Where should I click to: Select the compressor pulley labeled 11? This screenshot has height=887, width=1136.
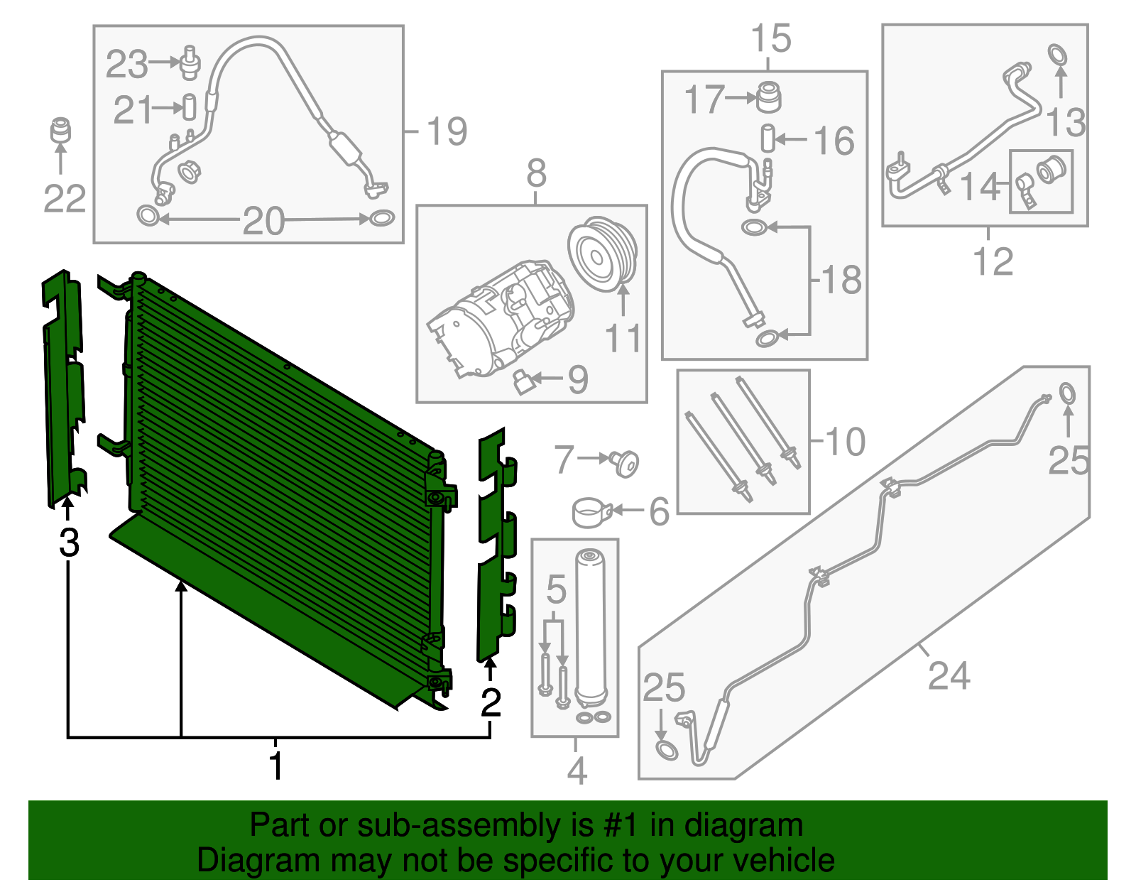click(602, 254)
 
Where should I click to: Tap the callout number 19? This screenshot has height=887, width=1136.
click(447, 131)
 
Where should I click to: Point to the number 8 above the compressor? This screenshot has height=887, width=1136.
click(537, 173)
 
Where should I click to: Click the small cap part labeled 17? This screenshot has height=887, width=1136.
click(768, 97)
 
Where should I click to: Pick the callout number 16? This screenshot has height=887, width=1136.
click(834, 141)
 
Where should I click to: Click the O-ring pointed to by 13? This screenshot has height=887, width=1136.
click(1058, 54)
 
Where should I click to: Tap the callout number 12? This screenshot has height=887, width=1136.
click(993, 262)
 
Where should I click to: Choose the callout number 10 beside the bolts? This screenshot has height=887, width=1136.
click(846, 442)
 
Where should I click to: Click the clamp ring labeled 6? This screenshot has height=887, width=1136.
click(590, 513)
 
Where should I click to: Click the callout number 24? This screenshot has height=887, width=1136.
click(949, 675)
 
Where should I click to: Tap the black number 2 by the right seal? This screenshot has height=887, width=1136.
click(491, 703)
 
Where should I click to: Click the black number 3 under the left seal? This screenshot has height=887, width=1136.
click(69, 543)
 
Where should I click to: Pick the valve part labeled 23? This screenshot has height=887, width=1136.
click(190, 62)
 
